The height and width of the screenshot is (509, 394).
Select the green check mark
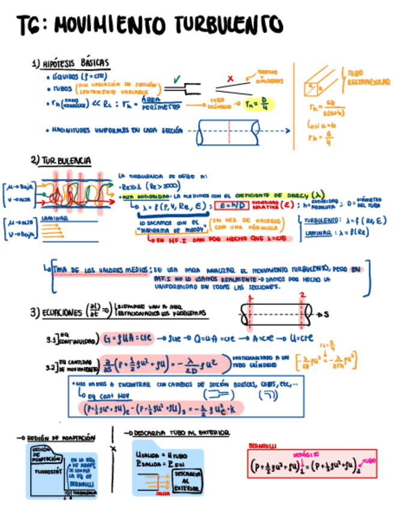click(x=177, y=79)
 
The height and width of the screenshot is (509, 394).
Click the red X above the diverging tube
click(x=230, y=79)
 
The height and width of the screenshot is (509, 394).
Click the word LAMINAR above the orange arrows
click(x=52, y=220)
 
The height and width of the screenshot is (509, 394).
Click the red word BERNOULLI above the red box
click(x=262, y=447)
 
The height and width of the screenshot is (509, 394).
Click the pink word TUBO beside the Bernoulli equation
click(x=369, y=461)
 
